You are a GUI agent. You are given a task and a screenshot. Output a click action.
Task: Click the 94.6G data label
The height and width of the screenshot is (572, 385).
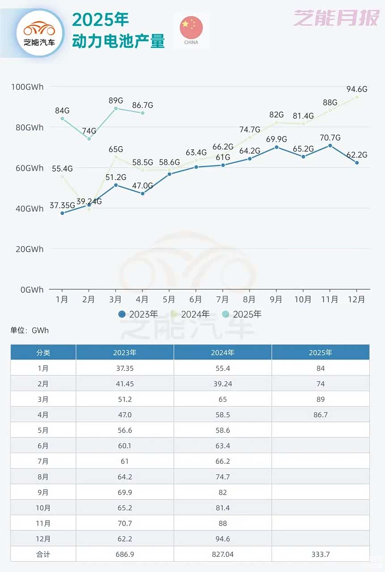(x=357, y=89)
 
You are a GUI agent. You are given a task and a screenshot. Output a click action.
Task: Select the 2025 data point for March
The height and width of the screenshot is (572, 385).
(x=116, y=108)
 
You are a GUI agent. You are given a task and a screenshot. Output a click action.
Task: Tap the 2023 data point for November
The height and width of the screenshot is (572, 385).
(x=330, y=146)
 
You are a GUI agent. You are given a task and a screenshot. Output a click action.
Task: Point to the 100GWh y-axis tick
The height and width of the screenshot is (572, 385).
(x=27, y=87)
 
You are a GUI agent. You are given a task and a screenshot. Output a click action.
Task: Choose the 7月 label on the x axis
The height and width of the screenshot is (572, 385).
(x=222, y=299)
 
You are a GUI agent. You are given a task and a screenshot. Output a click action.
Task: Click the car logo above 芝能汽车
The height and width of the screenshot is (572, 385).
(x=39, y=29)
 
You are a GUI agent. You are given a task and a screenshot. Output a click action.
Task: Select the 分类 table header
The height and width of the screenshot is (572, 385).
(x=43, y=353)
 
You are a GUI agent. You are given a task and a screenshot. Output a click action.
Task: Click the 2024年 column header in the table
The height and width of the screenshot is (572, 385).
(x=223, y=353)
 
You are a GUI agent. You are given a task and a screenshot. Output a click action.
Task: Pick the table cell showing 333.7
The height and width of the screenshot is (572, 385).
(x=320, y=554)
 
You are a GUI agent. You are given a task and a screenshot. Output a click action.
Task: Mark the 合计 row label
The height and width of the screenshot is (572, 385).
(x=43, y=554)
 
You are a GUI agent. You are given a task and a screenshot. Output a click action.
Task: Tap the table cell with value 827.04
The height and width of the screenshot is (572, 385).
(x=223, y=554)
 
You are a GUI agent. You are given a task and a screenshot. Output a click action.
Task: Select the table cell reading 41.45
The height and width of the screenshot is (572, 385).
(x=125, y=384)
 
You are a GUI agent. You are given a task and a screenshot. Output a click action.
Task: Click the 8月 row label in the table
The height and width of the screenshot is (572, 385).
(x=43, y=477)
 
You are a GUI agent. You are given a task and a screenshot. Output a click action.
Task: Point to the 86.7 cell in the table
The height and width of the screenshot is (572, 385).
(x=320, y=415)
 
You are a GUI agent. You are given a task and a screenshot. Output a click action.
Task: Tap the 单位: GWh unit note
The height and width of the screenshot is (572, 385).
(x=30, y=331)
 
